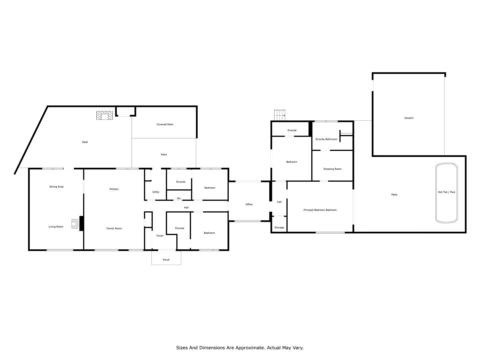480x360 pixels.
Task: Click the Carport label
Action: pos(408,118)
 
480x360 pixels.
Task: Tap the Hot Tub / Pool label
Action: pos(446,192)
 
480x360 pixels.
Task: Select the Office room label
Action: pos(249,204)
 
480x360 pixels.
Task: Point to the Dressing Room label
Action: pos(332,169)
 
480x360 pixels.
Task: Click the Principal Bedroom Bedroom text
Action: pos(320,210)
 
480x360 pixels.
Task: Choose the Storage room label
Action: pos(279,227)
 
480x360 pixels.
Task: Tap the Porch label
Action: pos(166,260)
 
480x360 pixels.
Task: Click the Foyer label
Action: pos(160,236)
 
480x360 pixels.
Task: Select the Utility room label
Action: pos(156,192)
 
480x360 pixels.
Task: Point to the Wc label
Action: pos(179,198)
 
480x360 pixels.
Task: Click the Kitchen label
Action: pos(114,189)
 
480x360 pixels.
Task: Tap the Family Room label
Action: pos(114,228)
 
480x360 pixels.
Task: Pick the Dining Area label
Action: pos(56,187)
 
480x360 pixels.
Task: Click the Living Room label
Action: pos(56,227)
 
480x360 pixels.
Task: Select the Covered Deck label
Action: pos(165,124)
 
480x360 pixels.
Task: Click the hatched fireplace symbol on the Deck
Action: pos(105,115)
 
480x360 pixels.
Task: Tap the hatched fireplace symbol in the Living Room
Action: pos(75,224)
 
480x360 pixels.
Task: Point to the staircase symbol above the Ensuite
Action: pos(280,115)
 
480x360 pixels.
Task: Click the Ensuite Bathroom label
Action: pos(326,139)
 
